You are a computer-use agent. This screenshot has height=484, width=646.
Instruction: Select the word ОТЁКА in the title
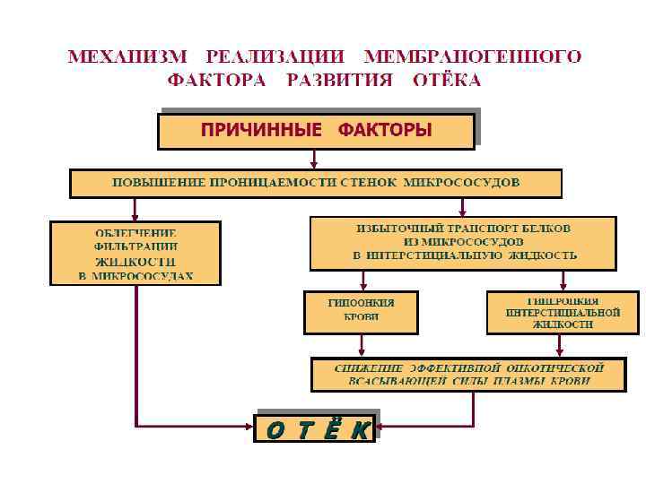[446, 80]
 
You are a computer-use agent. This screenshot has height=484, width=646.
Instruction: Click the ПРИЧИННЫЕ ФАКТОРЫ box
[316, 130]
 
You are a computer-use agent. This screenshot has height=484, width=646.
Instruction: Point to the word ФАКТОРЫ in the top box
[384, 130]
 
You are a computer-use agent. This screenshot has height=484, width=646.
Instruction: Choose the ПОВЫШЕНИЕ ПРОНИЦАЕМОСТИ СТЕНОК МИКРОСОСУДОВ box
[316, 183]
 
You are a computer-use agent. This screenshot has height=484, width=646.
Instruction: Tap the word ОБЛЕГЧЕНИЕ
[135, 233]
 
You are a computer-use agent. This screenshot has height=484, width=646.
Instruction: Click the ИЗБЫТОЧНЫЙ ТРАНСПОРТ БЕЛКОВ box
[464, 243]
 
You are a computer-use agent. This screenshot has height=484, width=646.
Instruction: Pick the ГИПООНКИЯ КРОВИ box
[361, 309]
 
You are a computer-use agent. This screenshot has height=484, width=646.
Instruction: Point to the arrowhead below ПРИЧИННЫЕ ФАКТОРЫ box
[311, 165]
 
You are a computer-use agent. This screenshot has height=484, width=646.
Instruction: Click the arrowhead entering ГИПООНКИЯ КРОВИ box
[361, 287]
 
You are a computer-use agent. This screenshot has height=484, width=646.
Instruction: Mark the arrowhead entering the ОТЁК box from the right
[379, 425]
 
